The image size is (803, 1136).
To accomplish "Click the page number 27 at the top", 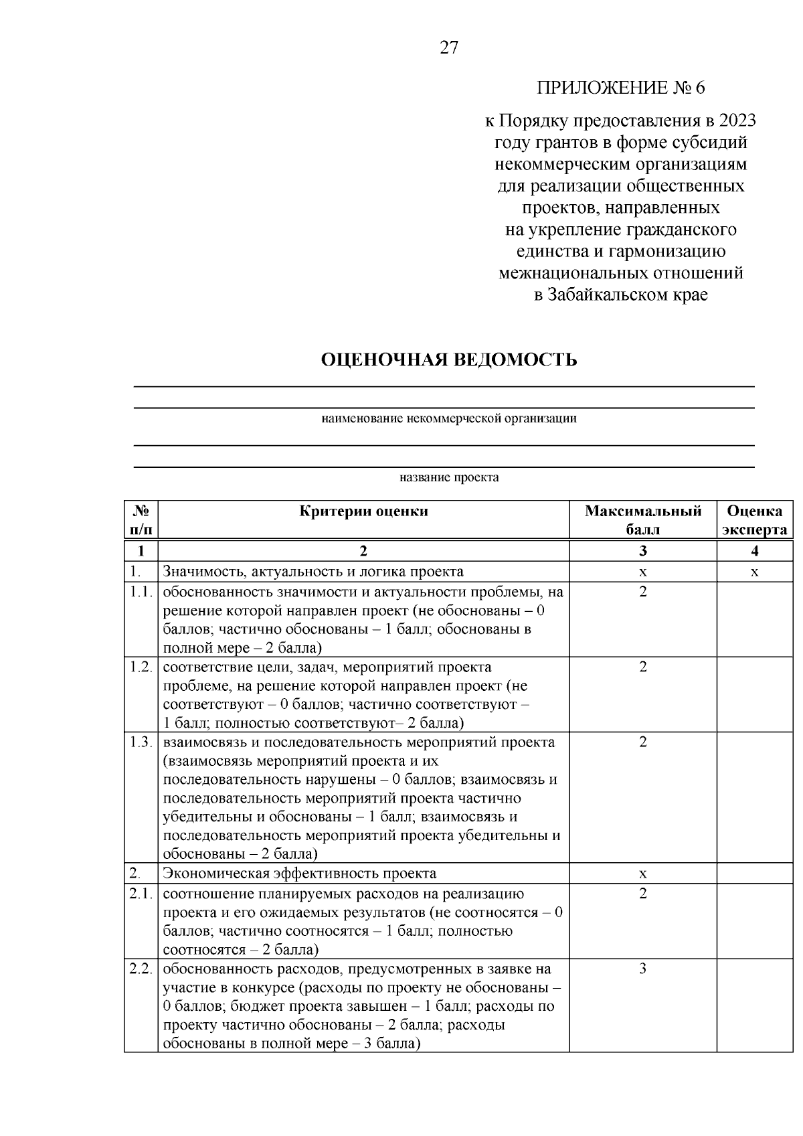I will pyautogui.click(x=448, y=48).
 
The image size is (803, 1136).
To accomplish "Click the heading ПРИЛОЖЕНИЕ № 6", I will pyautogui.click(x=620, y=88).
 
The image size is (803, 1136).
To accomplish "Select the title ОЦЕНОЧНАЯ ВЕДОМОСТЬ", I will pyautogui.click(x=448, y=360).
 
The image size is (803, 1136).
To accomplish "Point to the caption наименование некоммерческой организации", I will pyautogui.click(x=448, y=419).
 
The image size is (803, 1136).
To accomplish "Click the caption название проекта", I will pyautogui.click(x=448, y=478).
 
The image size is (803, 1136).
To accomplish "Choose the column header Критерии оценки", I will pyautogui.click(x=363, y=511).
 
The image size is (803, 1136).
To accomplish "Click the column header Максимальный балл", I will pyautogui.click(x=642, y=520).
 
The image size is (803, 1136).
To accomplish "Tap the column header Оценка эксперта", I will pyautogui.click(x=754, y=520).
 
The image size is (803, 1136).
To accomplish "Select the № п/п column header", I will pyautogui.click(x=141, y=520).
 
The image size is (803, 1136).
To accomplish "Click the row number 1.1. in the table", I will pyautogui.click(x=141, y=592).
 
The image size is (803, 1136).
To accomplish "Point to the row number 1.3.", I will pyautogui.click(x=141, y=742).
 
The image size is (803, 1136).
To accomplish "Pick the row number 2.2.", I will pyautogui.click(x=141, y=969).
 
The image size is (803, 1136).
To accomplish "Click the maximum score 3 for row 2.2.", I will pyautogui.click(x=642, y=969).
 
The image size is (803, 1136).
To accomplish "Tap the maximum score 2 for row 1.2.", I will pyautogui.click(x=642, y=667).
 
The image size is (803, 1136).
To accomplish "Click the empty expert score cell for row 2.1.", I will pyautogui.click(x=754, y=921).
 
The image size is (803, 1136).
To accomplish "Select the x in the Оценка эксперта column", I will pyautogui.click(x=754, y=572).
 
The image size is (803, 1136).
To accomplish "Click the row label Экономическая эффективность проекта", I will pyautogui.click(x=299, y=874).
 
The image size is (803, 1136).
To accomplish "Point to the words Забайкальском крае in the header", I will pyautogui.click(x=628, y=295).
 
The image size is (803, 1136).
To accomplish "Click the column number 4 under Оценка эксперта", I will pyautogui.click(x=754, y=552).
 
